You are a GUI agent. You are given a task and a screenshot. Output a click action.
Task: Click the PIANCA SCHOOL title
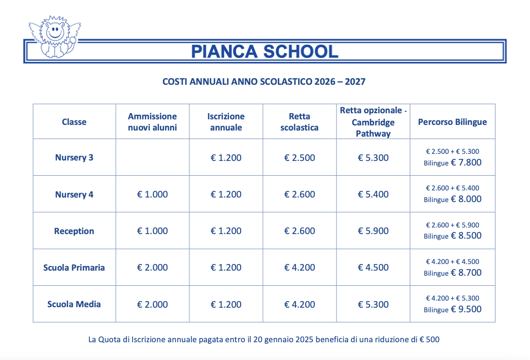pos(264,51)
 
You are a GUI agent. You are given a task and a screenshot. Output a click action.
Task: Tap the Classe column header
pos(74,122)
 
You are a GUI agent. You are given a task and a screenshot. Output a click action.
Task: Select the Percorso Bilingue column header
pos(452,122)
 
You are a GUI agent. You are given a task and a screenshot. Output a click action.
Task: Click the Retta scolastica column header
pos(300,122)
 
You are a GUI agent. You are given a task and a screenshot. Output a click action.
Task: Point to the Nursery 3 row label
pos(74,157)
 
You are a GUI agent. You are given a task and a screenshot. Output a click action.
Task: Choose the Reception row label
pos(74,231)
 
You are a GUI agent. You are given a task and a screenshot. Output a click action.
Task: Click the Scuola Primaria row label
pos(74,268)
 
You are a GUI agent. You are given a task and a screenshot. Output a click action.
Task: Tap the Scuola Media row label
pos(74,304)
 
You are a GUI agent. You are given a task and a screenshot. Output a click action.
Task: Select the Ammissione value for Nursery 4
pos(152,194)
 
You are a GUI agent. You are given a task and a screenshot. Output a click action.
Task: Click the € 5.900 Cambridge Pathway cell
pos(373,231)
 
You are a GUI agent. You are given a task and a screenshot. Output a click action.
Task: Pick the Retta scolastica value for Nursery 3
pos(300,158)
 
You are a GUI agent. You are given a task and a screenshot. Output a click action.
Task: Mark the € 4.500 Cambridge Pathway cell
pos(373,268)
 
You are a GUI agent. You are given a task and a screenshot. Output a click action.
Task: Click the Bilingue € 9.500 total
pos(452,309)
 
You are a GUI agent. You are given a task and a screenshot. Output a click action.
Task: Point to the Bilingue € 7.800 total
pos(452,163)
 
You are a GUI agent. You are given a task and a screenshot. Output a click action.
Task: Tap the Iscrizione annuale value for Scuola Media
pos(226,305)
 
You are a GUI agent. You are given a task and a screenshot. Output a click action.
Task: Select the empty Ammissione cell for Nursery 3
pos(152,157)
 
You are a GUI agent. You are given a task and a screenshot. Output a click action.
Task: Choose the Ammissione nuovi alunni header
pos(152,122)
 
